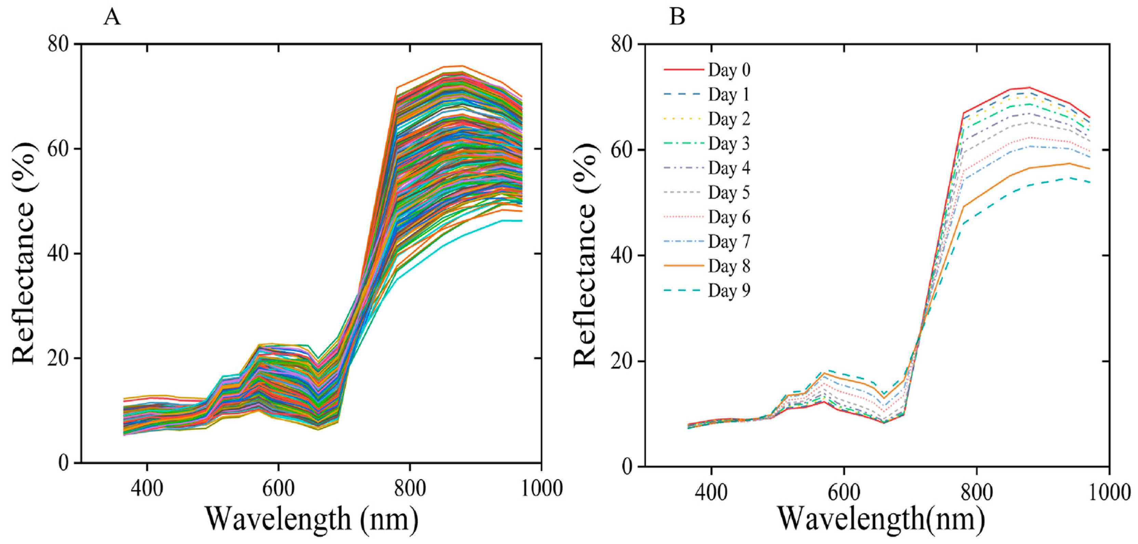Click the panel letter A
(x=112, y=18)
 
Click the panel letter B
(x=677, y=18)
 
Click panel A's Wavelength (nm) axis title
(x=312, y=520)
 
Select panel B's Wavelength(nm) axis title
(x=881, y=520)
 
